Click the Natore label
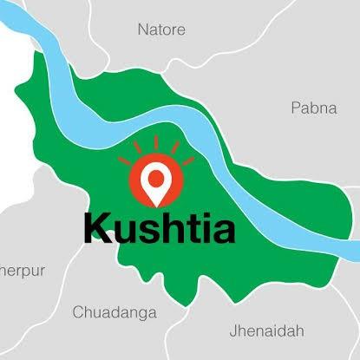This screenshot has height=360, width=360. [161, 30]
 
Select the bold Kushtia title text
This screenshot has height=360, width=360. [160, 227]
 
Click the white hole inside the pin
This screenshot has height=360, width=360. [157, 177]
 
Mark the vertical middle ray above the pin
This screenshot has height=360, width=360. [157, 141]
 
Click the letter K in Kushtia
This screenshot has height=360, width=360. [98, 226]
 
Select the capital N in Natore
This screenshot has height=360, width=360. [143, 30]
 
